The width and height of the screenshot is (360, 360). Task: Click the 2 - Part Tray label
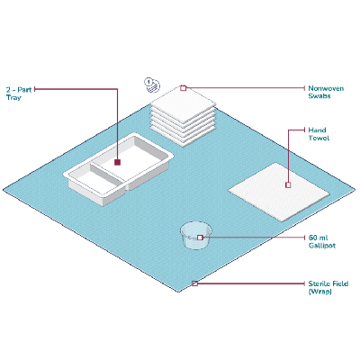(19, 94)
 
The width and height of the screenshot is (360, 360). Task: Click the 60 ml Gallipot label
(322, 241)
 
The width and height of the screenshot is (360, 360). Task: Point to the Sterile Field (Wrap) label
(328, 287)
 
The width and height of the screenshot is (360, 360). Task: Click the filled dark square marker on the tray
(117, 162)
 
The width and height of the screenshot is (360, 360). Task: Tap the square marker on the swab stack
(184, 88)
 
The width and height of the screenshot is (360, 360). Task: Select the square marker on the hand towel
(288, 184)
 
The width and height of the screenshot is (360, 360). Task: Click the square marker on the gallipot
(200, 238)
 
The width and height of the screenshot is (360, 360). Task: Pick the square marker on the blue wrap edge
(194, 283)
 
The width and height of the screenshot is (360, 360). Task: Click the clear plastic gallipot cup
(196, 235)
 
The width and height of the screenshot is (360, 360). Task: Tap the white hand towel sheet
(278, 192)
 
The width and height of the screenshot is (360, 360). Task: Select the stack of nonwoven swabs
(183, 116)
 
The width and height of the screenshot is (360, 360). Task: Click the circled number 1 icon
(148, 81)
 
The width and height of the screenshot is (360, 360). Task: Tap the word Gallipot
(322, 246)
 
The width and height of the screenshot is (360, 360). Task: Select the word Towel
(319, 138)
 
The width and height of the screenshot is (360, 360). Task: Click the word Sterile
(318, 283)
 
